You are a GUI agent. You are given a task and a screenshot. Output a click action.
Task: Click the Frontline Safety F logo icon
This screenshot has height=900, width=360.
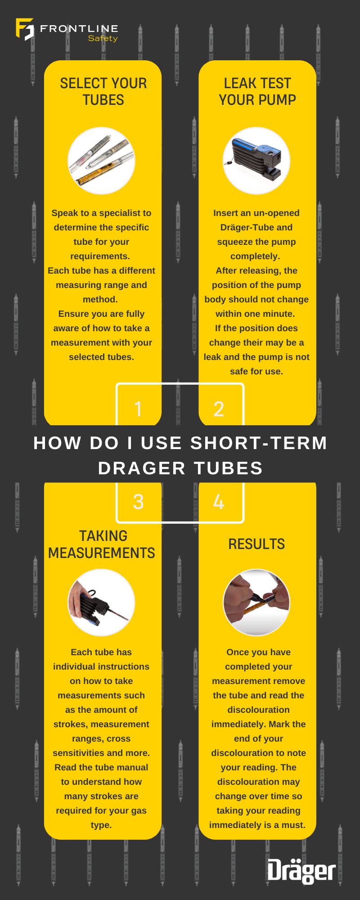coord(25,29)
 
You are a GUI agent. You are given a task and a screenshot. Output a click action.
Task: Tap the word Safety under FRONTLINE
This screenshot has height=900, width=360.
coord(103,39)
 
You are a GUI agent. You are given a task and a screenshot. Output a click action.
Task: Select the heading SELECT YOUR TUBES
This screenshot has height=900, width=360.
coord(103,91)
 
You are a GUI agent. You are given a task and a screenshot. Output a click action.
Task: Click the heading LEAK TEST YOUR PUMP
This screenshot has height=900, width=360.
coord(257,91)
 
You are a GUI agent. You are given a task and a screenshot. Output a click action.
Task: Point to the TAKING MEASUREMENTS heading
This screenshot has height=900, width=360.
coord(102,544)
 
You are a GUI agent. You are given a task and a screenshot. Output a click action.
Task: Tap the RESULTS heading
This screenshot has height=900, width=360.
coord(256,544)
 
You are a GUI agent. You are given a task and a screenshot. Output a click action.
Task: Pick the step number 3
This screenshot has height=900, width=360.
coord(138,502)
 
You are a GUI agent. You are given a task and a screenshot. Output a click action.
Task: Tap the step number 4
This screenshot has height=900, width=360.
coord(219,502)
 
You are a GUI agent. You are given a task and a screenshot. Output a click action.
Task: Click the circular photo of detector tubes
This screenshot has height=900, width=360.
coord(101,161)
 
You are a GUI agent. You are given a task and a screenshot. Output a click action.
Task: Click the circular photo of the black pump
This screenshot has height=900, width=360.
coord(256,161)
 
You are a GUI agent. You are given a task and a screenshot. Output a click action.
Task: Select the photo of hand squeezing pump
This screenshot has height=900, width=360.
coord(101,603)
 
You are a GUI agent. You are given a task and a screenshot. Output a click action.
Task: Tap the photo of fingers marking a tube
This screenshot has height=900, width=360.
coord(256,603)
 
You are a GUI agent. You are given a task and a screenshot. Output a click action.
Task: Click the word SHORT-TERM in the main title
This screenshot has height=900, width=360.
coord(258,443)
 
